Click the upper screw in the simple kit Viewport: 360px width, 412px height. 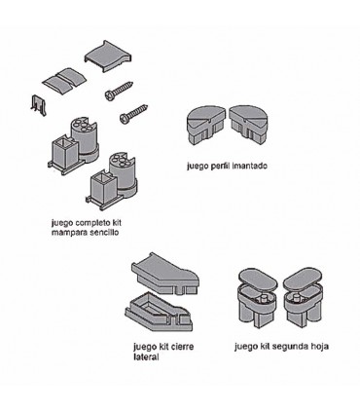[119, 90]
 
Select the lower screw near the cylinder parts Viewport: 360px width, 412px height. [133, 113]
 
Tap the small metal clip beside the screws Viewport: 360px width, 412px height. [39, 105]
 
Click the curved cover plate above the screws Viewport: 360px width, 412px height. [108, 56]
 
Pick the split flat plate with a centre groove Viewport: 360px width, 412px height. [64, 81]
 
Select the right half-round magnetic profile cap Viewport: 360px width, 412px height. [249, 125]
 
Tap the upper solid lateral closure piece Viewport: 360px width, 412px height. [165, 274]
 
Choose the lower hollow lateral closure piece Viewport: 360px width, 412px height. [160, 311]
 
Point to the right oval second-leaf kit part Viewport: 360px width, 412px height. [303, 296]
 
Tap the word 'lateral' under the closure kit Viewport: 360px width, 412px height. [146, 357]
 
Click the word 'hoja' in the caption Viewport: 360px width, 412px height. [318, 347]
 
